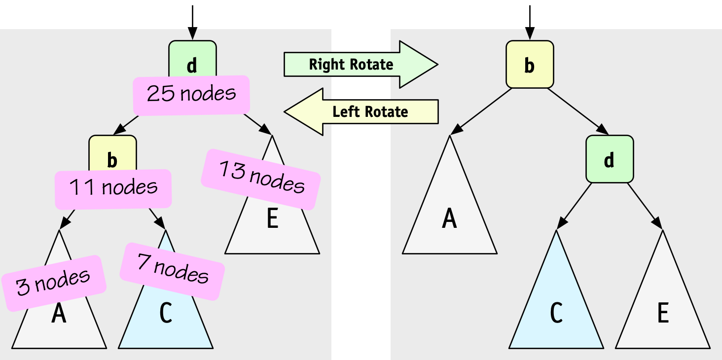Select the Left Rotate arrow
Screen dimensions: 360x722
point(362,111)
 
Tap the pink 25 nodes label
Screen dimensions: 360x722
point(192,94)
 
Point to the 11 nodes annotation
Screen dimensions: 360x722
point(113,188)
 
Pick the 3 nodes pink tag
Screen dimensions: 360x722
point(54,283)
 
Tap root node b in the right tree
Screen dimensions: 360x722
point(530,65)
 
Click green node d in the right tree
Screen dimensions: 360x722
point(610,159)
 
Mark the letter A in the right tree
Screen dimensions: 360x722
point(449,218)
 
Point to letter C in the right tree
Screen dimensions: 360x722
point(556,313)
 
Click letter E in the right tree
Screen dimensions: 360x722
point(663,313)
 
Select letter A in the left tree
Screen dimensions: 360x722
point(59,314)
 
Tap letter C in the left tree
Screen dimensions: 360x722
point(166,314)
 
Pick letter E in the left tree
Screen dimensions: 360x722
point(272,219)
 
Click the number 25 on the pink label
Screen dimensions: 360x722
point(161,94)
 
